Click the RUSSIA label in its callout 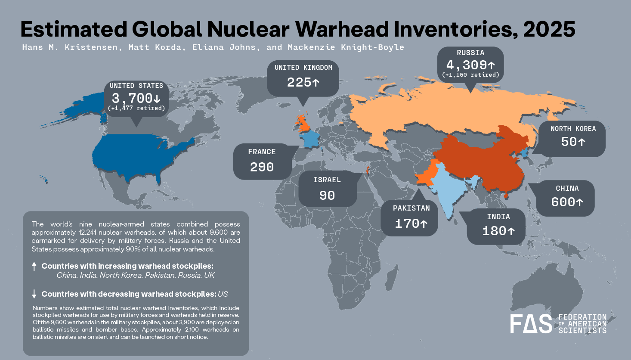(470, 53)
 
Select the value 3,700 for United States (132, 98)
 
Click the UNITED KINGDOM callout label (303, 68)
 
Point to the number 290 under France (262, 167)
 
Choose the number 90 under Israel (327, 196)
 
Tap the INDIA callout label (498, 217)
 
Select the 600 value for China (563, 202)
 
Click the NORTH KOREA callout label (573, 129)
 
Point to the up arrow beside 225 (316, 82)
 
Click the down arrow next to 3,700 (157, 99)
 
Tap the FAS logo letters (531, 324)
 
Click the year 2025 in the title (549, 29)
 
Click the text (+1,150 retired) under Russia (470, 75)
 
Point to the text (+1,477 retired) (136, 108)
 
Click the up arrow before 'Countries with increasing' (34, 266)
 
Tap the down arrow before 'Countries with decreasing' (34, 294)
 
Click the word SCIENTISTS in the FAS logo (582, 331)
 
